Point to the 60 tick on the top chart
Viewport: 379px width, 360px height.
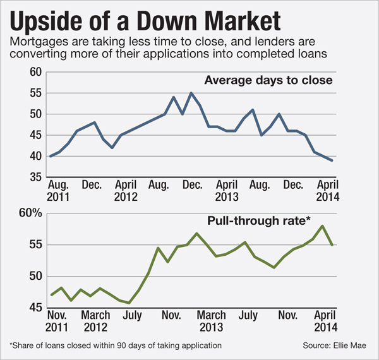tap(35, 73)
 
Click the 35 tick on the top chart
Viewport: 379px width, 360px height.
tap(35, 177)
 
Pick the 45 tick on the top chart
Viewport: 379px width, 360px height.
tap(35, 135)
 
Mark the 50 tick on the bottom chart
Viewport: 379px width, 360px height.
tap(34, 277)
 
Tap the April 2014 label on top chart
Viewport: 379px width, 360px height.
tap(327, 191)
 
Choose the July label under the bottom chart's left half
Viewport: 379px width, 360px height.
tap(133, 314)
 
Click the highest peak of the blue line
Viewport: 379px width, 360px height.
tap(191, 93)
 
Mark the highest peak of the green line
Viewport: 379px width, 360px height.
tap(323, 225)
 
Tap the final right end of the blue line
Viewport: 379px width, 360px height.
tap(333, 160)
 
